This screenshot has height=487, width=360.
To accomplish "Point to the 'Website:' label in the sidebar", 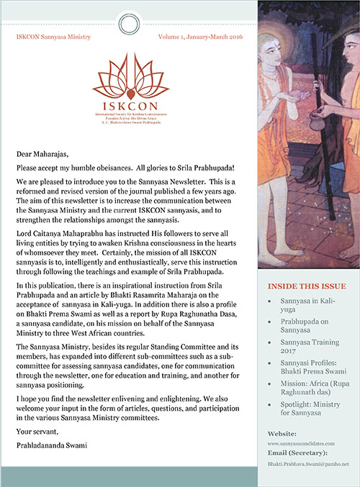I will point(282,436).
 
